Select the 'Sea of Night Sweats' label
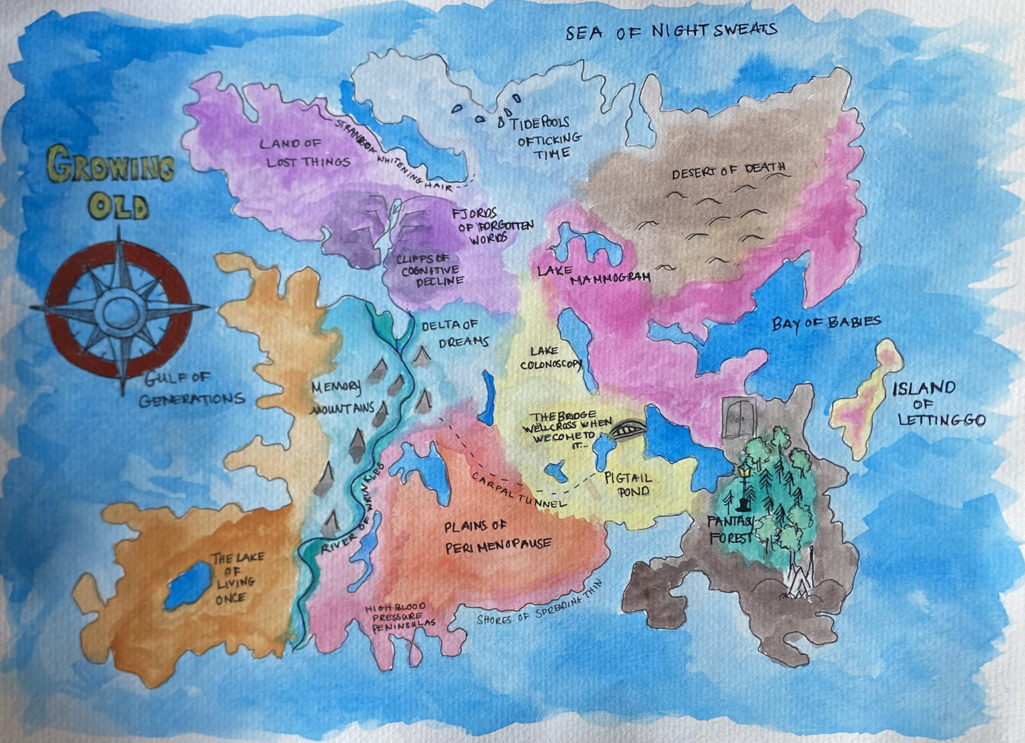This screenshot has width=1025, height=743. pos(671,31)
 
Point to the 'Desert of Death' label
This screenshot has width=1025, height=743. pos(728,171)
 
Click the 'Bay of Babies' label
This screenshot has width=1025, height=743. pos(826,323)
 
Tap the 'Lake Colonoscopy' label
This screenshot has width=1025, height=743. pos(552,358)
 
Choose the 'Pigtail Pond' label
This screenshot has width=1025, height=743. pos(627,485)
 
